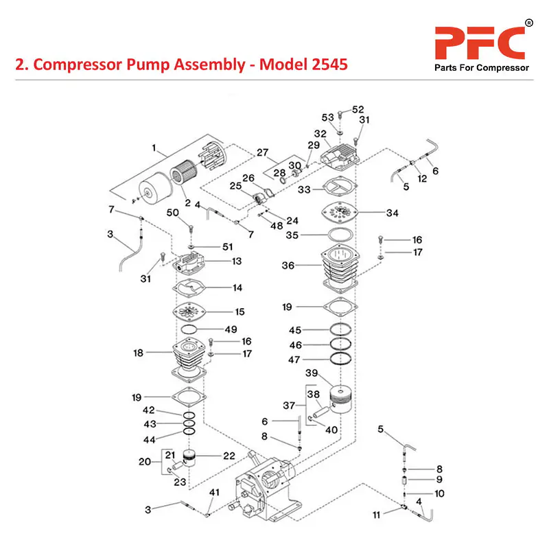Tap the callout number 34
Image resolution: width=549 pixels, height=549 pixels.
click(392, 213)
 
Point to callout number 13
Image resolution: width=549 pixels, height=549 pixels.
click(237, 261)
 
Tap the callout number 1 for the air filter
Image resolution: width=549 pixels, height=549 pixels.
click(154, 148)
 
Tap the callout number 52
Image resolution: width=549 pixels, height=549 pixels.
click(358, 110)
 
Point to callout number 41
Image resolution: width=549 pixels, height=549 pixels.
click(214, 492)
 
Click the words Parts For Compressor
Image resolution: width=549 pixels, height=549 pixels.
click(481, 68)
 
